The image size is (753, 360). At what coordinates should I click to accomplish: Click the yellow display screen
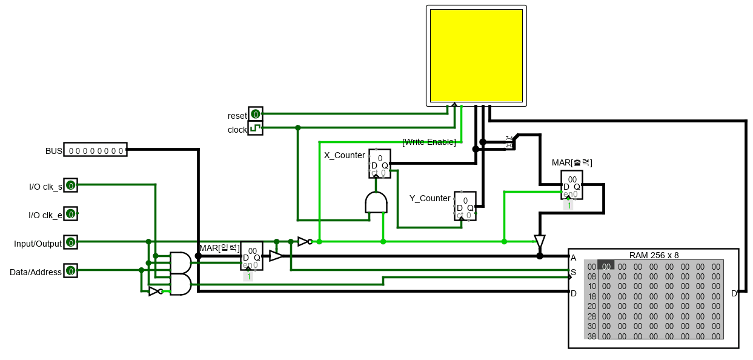(476, 55)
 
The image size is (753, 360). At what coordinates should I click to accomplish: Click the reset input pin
(255, 114)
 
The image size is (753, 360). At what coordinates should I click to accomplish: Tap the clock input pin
(255, 128)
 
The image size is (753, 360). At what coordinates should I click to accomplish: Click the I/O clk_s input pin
(71, 185)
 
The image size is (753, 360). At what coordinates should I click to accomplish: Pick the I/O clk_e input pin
(71, 213)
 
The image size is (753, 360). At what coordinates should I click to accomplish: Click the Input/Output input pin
(71, 242)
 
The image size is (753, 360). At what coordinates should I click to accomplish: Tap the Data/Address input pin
(71, 271)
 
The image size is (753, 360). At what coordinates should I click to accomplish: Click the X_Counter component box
(380, 164)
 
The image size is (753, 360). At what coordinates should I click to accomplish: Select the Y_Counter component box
(465, 207)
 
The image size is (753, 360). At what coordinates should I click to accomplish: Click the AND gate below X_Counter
(376, 202)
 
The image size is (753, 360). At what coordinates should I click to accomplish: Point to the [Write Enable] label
(429, 142)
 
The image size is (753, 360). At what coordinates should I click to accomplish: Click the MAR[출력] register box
(571, 185)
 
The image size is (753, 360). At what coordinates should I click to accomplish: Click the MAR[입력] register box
(251, 256)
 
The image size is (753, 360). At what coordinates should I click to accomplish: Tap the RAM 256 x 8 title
(654, 255)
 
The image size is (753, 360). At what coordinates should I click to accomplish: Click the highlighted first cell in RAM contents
(606, 265)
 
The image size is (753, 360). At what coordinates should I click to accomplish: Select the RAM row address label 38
(591, 336)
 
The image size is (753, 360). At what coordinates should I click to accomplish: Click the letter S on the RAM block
(573, 273)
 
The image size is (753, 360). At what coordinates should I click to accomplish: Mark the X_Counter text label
(344, 155)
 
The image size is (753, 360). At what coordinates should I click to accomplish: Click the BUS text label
(54, 150)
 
